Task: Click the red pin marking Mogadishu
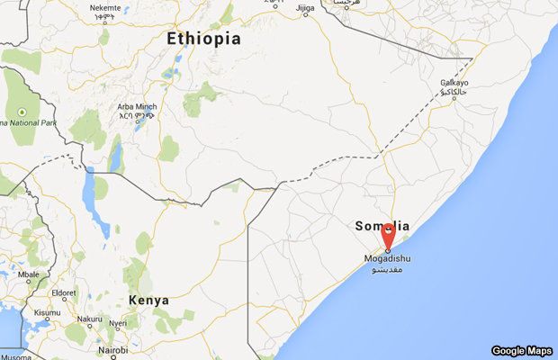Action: tap(388, 237)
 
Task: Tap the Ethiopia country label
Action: tap(204, 39)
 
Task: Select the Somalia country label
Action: tap(382, 226)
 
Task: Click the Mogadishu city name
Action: tap(390, 259)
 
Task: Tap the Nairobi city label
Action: tap(113, 350)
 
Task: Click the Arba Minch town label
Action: tap(136, 106)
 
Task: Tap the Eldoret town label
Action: tap(64, 293)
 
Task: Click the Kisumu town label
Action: tap(48, 313)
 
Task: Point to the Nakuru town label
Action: tap(89, 319)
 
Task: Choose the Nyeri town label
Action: tap(118, 323)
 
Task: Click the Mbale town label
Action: tap(29, 274)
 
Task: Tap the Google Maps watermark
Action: tap(520, 350)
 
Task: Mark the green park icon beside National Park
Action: tap(20, 112)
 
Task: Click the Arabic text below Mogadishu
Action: tap(389, 269)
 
